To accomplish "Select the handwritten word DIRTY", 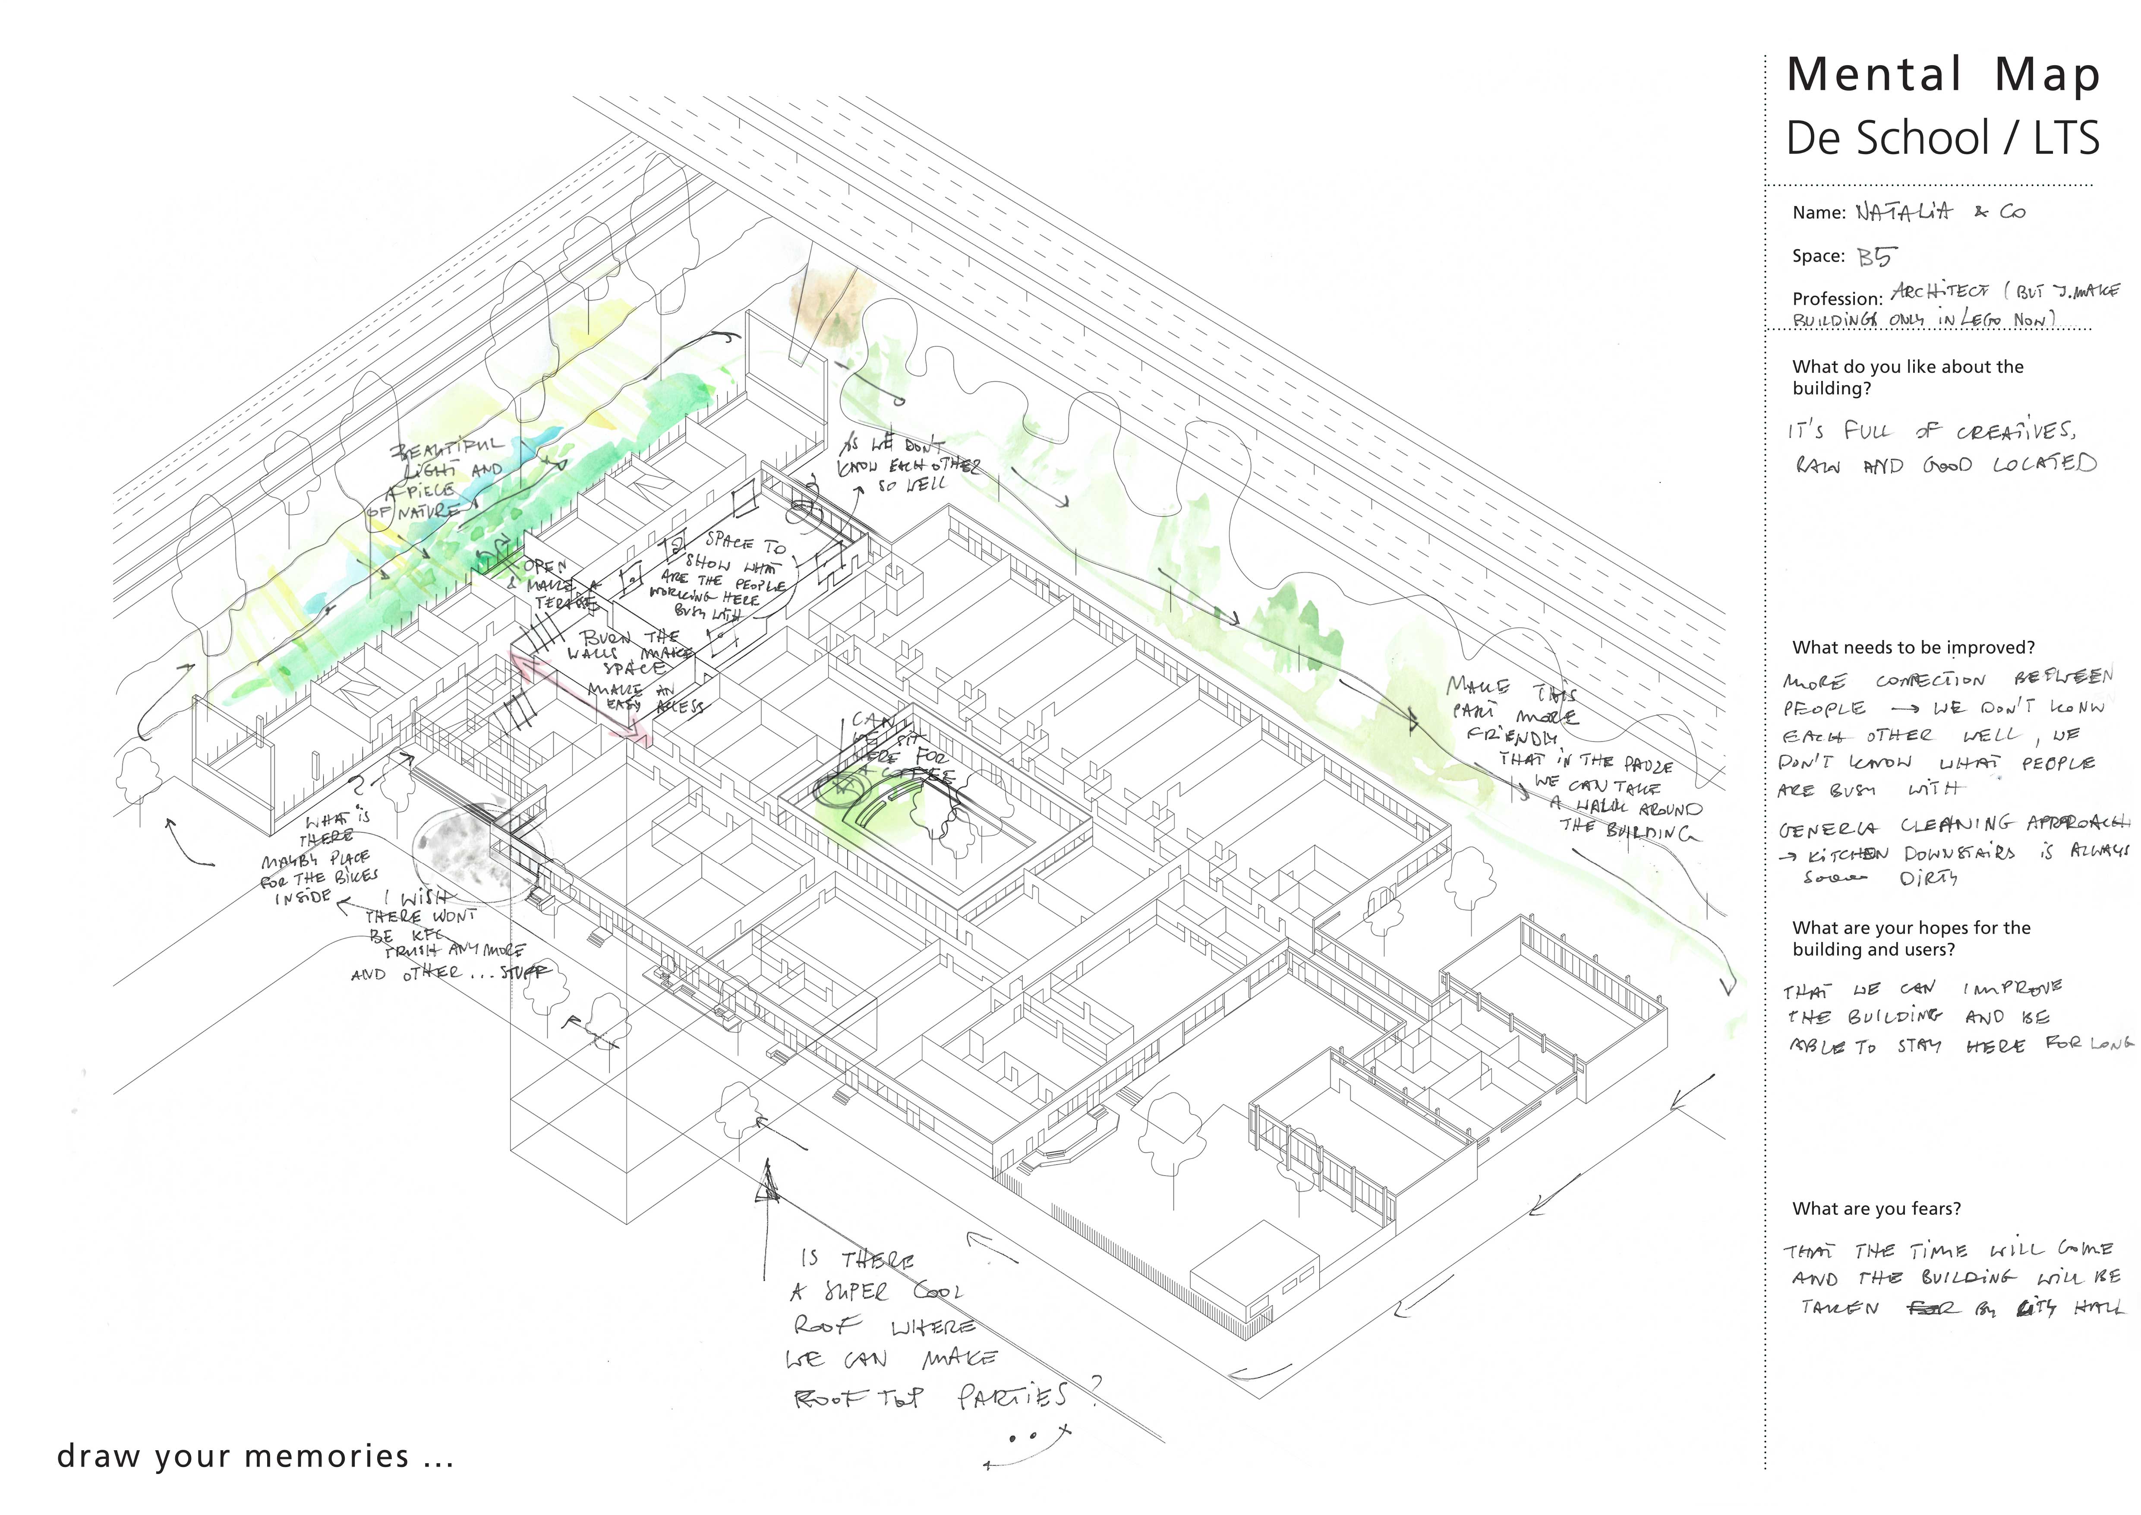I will tap(1928, 879).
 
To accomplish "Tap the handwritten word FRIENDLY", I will tap(1510, 737).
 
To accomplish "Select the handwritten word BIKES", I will tap(356, 877).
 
